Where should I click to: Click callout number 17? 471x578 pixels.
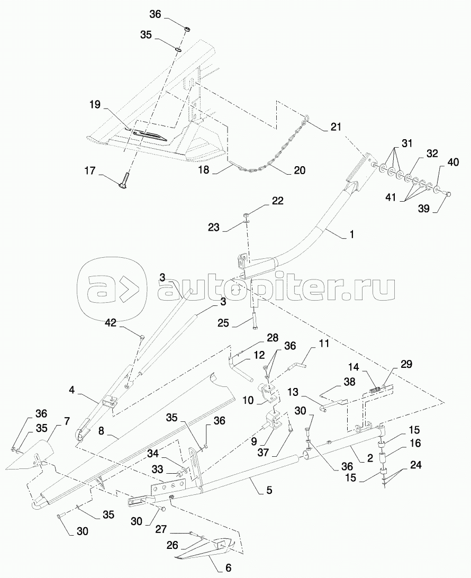(x=90, y=171)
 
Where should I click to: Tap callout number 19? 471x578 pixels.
(x=95, y=105)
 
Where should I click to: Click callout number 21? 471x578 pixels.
(x=336, y=127)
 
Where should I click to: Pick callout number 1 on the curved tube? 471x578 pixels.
(x=351, y=234)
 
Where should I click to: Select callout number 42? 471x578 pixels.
(x=111, y=323)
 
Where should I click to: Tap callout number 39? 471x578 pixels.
(x=424, y=208)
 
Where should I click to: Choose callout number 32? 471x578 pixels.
(x=432, y=153)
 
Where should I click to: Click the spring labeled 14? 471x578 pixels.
(x=375, y=389)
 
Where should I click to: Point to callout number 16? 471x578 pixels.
(x=415, y=444)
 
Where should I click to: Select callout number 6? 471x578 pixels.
(x=228, y=567)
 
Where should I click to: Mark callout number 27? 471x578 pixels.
(x=161, y=529)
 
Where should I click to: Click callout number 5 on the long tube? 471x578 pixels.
(x=269, y=490)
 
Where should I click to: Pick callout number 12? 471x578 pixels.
(x=259, y=355)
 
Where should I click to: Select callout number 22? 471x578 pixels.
(x=278, y=201)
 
